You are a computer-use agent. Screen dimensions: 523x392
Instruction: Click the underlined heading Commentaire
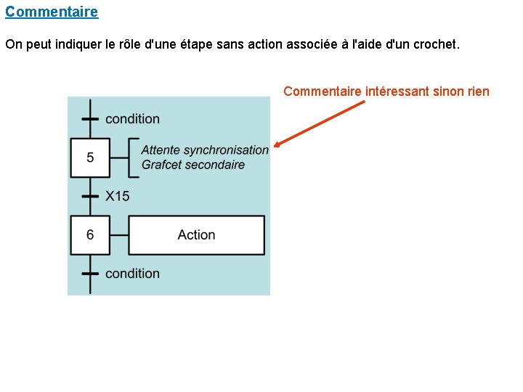[x=52, y=12]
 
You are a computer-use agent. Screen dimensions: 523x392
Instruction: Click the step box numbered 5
[x=90, y=158]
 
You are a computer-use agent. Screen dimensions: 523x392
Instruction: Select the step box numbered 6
[x=90, y=234]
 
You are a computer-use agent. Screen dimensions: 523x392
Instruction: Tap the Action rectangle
[x=196, y=234]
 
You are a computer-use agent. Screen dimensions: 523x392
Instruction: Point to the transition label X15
[x=117, y=196]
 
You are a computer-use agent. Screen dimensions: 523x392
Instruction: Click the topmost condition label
[x=132, y=118]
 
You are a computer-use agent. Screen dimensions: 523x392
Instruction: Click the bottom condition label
[x=132, y=274]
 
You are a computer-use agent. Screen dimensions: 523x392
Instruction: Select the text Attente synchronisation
[x=205, y=150]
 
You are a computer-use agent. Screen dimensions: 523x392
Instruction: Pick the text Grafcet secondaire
[x=193, y=165]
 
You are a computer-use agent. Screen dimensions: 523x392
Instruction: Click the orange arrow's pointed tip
[x=276, y=146]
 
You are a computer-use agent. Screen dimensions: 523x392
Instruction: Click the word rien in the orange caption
[x=477, y=91]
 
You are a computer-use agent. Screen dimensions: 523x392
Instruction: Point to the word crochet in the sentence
[x=436, y=44]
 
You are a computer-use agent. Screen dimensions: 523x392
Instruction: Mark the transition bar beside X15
[x=90, y=196]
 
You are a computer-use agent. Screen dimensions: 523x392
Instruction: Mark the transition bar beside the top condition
[x=90, y=118]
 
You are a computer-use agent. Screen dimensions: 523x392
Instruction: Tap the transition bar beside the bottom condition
[x=90, y=274]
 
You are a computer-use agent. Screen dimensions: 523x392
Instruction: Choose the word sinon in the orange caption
[x=448, y=91]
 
